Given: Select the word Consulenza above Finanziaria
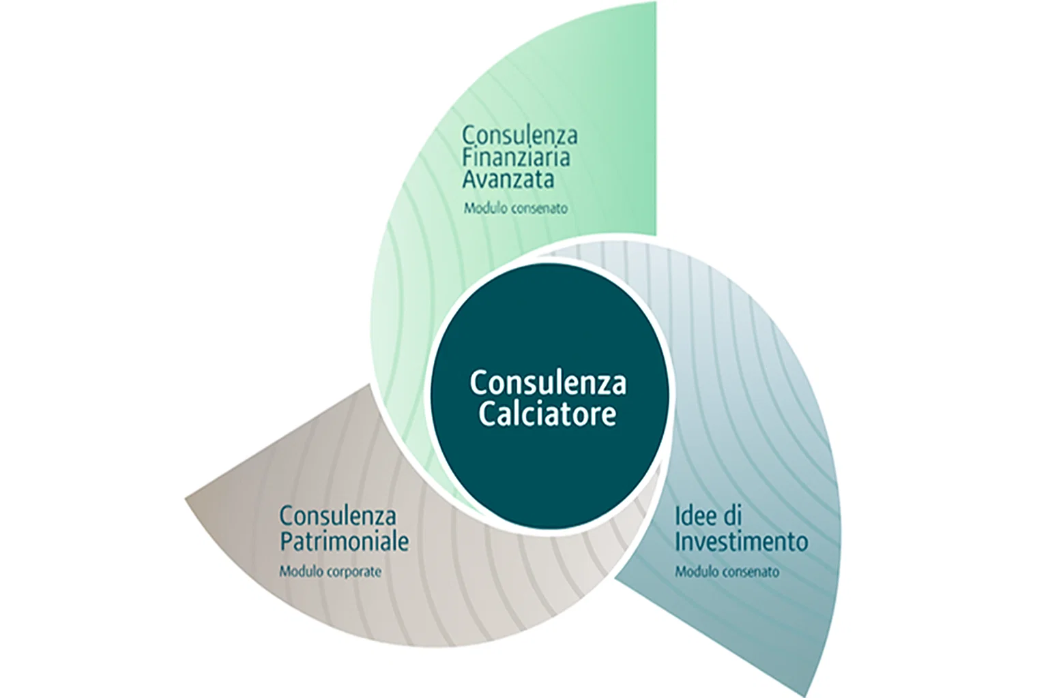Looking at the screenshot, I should [520, 135].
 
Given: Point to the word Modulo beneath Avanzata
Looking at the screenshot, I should [482, 209].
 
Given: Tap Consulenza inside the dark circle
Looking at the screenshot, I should [547, 383].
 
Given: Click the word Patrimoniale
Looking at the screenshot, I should [344, 543].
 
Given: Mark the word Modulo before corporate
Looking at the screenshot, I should [298, 572].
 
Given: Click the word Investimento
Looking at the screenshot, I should [741, 543].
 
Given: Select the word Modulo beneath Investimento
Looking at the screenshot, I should [694, 572].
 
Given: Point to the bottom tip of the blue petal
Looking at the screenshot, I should [818, 692].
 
